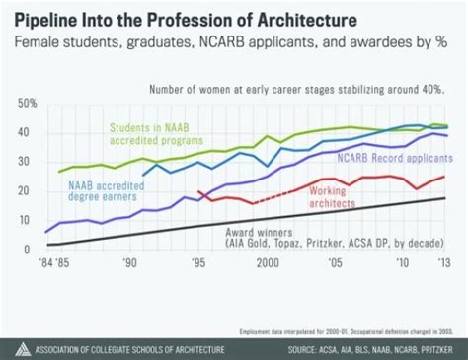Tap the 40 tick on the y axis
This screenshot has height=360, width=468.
pyautogui.click(x=28, y=132)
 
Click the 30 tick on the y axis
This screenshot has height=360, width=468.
pyautogui.click(x=28, y=162)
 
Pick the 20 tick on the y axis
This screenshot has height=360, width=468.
pyautogui.click(x=28, y=191)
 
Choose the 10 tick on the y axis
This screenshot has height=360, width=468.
pyautogui.click(x=28, y=221)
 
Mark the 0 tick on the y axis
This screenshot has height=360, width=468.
pyautogui.click(x=31, y=250)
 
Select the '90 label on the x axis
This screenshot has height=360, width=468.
pyautogui.click(x=129, y=264)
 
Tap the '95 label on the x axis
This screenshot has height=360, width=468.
pyautogui.click(x=197, y=264)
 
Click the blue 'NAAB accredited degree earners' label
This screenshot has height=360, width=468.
pyautogui.click(x=93, y=189)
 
